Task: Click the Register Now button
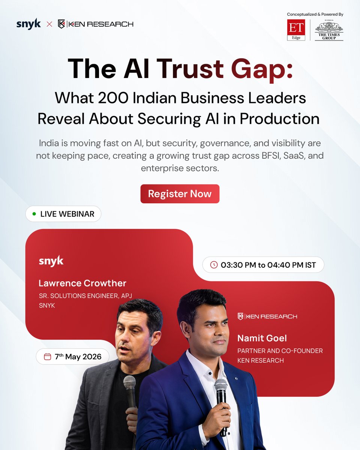(x=180, y=194)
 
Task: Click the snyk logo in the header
(x=28, y=24)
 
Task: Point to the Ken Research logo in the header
(x=96, y=24)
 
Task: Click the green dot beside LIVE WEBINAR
(x=34, y=214)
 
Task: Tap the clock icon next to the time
(x=214, y=265)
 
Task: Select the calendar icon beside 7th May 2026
(x=47, y=357)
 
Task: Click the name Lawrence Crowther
(x=82, y=283)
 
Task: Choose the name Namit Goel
(x=262, y=338)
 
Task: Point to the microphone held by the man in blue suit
(x=221, y=390)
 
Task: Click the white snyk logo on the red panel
(x=51, y=261)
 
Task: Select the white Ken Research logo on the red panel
(x=267, y=316)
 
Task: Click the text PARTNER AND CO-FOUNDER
(x=280, y=351)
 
